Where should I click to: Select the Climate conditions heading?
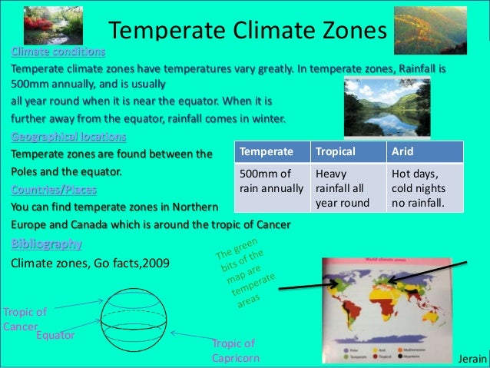pyautogui.click(x=57, y=52)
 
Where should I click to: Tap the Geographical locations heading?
pyautogui.click(x=68, y=137)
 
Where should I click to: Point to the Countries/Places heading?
pyautogui.click(x=53, y=189)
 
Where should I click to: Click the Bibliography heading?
pyautogui.click(x=46, y=244)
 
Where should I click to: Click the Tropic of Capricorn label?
pyautogui.click(x=236, y=351)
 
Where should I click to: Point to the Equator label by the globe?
pyautogui.click(x=55, y=336)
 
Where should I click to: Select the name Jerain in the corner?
pyautogui.click(x=471, y=359)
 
